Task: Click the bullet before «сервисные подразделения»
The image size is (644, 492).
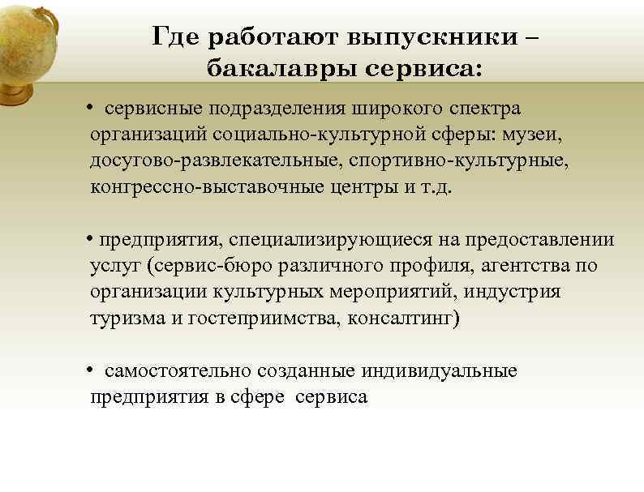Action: (x=94, y=109)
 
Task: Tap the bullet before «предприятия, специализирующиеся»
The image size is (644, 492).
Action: (x=91, y=241)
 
